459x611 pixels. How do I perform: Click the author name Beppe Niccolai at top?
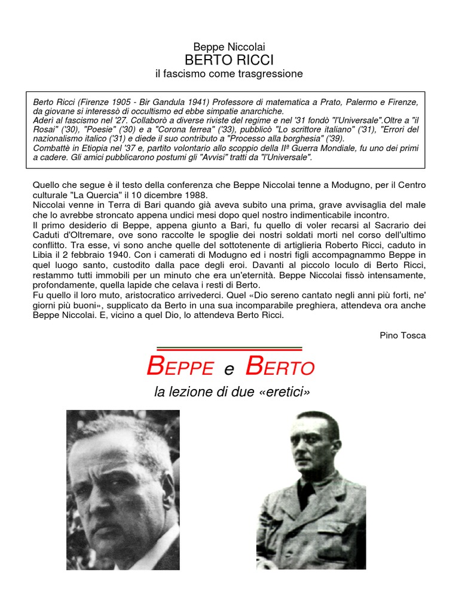pos(229,47)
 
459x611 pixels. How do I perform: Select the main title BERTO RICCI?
pos(229,60)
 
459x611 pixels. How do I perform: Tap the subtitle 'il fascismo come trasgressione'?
pos(229,74)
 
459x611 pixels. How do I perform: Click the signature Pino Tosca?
pos(403,335)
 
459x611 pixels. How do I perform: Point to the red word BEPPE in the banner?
pos(180,367)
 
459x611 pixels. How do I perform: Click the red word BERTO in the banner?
pos(279,367)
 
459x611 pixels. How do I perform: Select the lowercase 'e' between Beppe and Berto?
pos(229,369)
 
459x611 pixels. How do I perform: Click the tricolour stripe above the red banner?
pos(229,349)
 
